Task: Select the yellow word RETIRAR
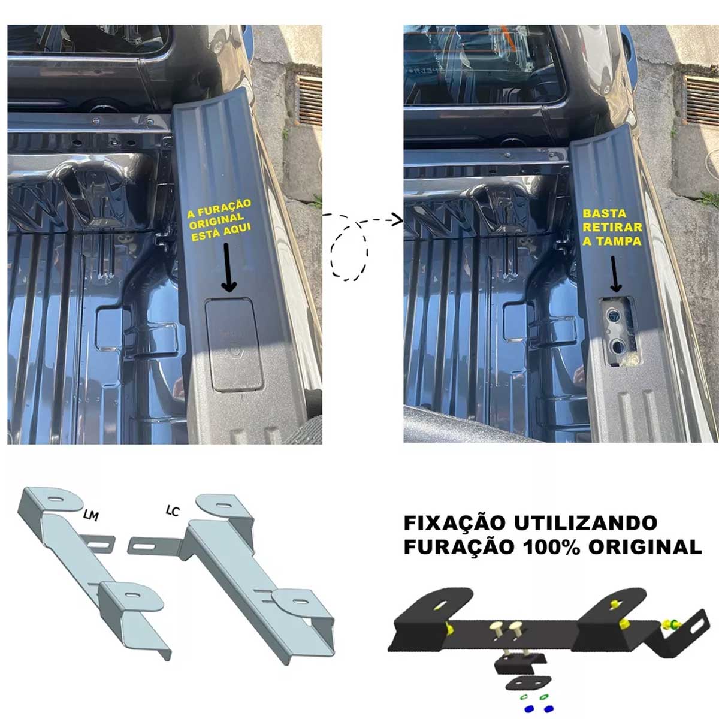(x=612, y=227)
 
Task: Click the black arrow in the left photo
(x=228, y=267)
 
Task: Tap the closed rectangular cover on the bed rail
(x=234, y=345)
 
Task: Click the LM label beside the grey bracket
(x=90, y=516)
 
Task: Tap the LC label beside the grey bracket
(x=173, y=511)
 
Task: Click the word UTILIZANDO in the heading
(x=585, y=522)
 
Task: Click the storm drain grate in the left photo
(x=309, y=101)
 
